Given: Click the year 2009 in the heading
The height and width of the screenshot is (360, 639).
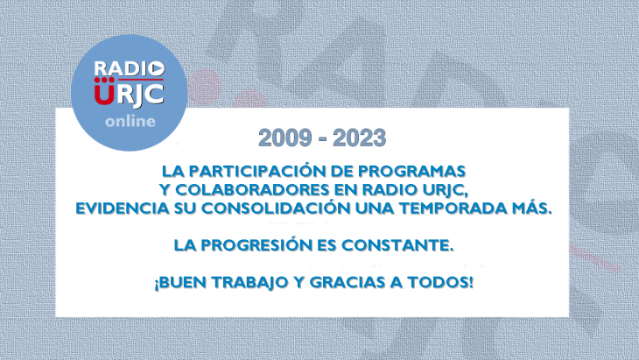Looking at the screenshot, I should [x=282, y=138].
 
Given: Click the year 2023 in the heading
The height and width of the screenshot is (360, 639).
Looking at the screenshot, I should [x=356, y=138].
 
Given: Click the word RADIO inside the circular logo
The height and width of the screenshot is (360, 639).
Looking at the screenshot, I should [x=128, y=67].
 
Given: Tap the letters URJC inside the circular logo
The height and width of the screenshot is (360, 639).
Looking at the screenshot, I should [x=129, y=93].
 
